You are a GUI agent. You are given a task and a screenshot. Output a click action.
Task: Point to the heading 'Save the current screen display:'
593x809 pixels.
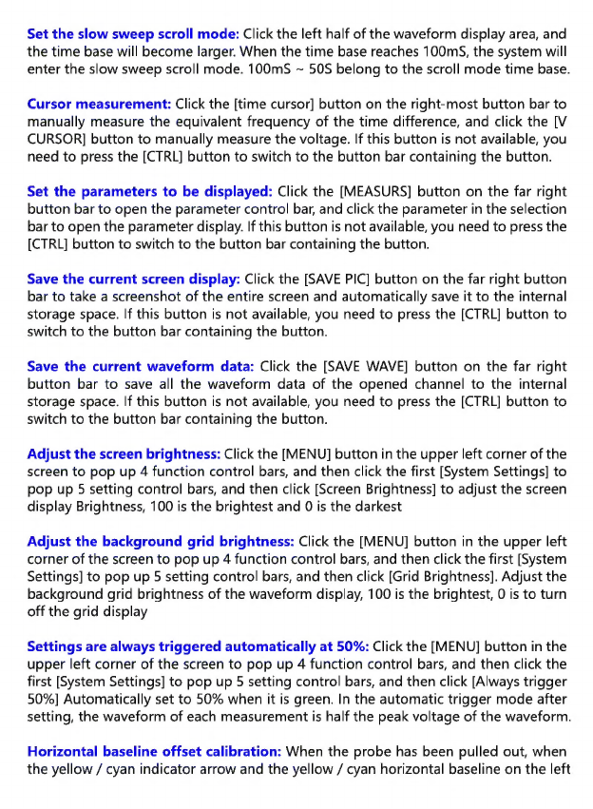coord(133,279)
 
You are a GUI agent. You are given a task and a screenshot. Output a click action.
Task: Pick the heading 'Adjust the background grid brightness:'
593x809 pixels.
coord(161,542)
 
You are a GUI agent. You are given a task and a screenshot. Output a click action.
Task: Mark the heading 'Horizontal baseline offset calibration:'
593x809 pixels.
coord(155,751)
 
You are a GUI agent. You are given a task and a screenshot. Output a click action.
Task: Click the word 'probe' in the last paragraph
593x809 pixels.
coord(349,751)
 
